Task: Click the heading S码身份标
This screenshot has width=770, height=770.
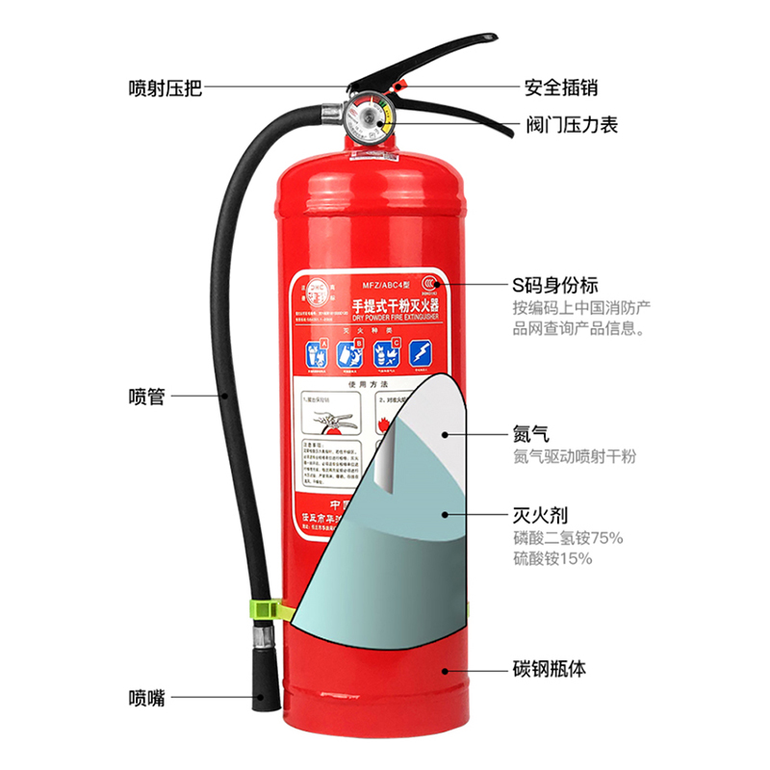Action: pos(554,286)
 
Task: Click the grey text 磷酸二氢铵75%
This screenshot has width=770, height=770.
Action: pos(567,537)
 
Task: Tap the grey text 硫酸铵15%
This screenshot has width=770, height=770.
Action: pos(552,559)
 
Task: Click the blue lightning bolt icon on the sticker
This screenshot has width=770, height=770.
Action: pos(421,353)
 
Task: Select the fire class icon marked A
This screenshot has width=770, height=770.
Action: pos(316,353)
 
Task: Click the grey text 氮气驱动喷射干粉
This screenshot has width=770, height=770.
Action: pos(575,456)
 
